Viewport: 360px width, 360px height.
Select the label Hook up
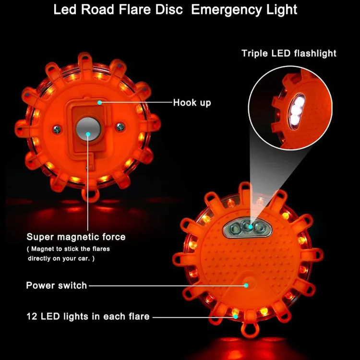(x=192, y=102)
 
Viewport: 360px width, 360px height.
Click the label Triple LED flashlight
(x=289, y=53)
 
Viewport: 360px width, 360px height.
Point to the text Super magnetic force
(x=76, y=237)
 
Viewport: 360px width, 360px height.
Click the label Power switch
(x=56, y=286)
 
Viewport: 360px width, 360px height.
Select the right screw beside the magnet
(x=120, y=126)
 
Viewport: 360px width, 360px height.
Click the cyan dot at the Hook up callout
(x=99, y=102)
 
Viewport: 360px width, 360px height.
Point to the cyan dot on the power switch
(x=246, y=285)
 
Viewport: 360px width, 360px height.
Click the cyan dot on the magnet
(x=88, y=134)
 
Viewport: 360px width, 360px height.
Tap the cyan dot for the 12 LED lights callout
(x=235, y=316)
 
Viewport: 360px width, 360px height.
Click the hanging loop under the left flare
(x=88, y=195)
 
